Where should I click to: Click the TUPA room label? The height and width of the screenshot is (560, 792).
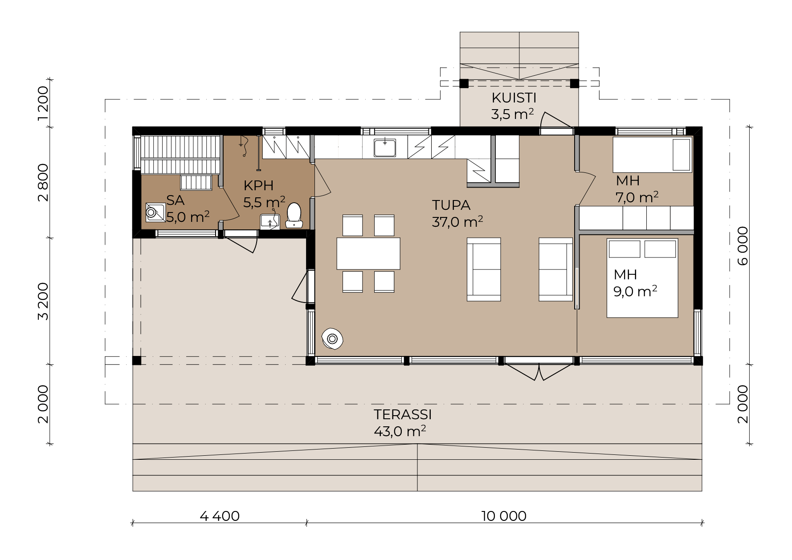[451, 205]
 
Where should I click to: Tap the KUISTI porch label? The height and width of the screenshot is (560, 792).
[514, 98]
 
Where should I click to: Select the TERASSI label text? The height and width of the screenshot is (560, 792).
[403, 415]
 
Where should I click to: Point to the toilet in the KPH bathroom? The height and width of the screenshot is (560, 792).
[294, 216]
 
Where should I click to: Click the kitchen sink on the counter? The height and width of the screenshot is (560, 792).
[385, 147]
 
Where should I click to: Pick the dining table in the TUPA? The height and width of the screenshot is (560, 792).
[368, 253]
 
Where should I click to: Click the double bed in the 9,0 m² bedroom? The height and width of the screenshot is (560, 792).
[642, 278]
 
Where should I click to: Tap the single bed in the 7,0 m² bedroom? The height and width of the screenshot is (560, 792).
[653, 155]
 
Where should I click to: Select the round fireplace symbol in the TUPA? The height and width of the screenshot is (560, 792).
[332, 339]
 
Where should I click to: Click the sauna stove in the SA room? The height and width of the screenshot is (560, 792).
[155, 213]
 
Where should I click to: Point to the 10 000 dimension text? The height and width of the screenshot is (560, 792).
[504, 516]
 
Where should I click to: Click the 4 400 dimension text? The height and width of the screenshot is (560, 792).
[220, 516]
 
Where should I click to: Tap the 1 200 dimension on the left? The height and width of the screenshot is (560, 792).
[43, 103]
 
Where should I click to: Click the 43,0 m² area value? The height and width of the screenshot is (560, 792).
[400, 431]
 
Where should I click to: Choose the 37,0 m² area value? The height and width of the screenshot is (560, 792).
[457, 221]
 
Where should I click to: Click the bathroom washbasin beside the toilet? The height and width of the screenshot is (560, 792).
[270, 221]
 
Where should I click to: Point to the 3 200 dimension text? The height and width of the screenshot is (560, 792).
[43, 302]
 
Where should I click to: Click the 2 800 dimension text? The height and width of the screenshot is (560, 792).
[43, 183]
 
